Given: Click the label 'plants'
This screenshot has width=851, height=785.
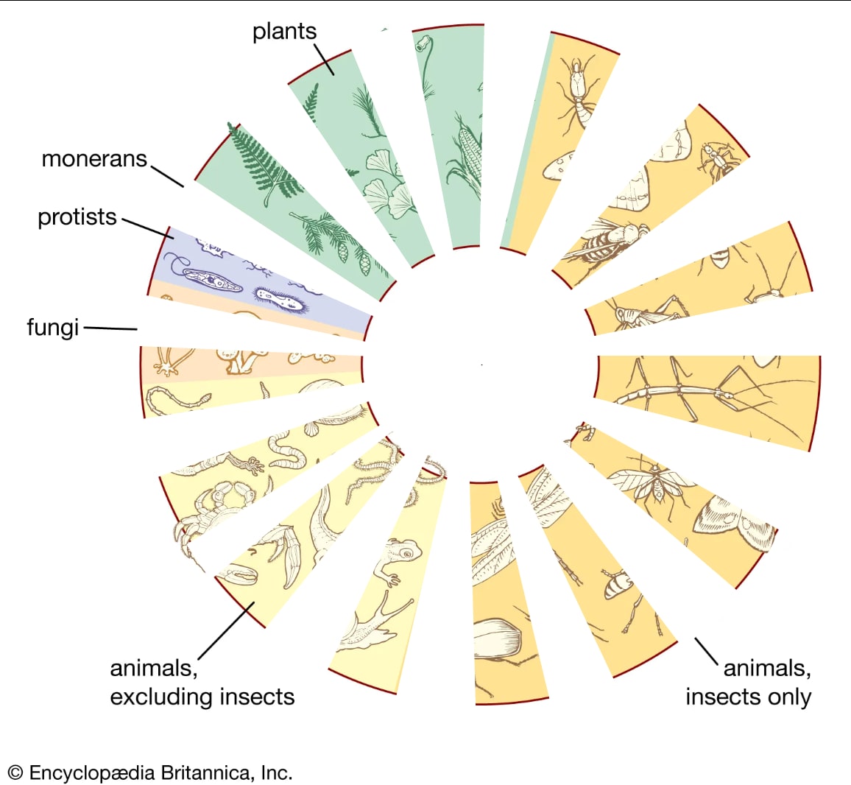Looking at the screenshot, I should point(284,32).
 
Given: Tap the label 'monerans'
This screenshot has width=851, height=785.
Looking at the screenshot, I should point(94,158).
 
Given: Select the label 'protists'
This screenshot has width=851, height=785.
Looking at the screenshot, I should point(77,217).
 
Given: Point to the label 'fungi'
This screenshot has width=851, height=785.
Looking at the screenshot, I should point(52,326).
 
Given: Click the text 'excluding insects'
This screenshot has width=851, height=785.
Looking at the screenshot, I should point(202,697).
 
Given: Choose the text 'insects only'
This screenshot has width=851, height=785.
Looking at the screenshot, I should point(748,697).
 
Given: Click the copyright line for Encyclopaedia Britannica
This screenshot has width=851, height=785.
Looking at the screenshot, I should point(150,773).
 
